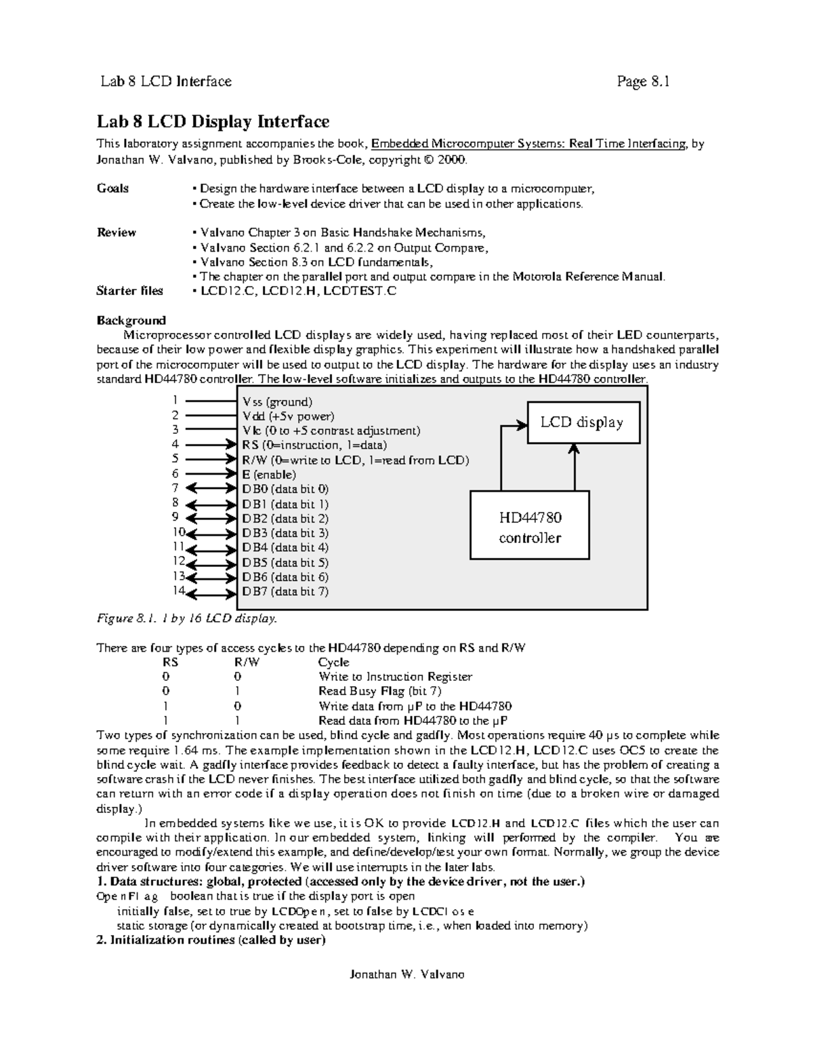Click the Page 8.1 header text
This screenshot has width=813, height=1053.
coord(642,82)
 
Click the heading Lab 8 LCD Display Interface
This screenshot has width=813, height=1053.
coord(213,122)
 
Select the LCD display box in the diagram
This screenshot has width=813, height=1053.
coord(582,422)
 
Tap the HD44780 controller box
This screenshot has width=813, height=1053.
coord(530,527)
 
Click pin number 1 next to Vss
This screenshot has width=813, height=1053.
coord(175,400)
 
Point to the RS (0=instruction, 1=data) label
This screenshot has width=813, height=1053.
coord(314,445)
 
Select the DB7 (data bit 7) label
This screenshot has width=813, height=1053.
coord(285,591)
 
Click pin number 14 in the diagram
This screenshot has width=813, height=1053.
coord(178,590)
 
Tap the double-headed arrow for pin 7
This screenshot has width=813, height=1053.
coord(210,488)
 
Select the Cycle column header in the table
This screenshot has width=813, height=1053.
coord(333,662)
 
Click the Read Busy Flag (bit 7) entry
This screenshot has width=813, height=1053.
coord(379,691)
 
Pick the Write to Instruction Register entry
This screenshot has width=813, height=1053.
coord(395,677)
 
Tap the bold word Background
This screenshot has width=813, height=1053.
coord(131,320)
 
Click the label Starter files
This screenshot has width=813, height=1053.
coord(129,291)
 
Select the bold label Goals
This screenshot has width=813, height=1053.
coord(112,188)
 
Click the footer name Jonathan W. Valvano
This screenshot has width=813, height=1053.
coord(406,974)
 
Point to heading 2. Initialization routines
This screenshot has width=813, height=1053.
coord(211,940)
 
